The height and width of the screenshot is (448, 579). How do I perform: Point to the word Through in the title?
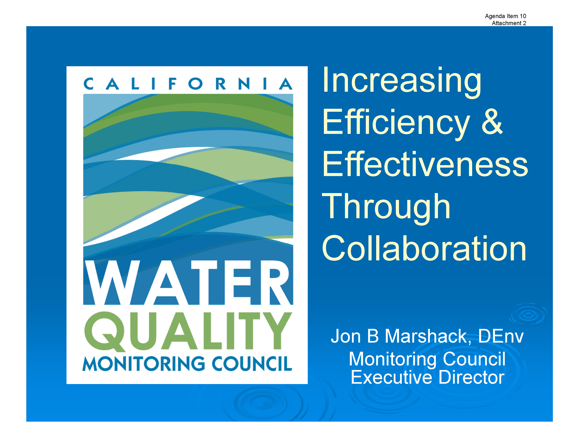pos(386,208)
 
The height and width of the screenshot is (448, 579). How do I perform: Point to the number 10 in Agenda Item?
pos(523,16)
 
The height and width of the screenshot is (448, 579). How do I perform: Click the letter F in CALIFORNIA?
pos(172,84)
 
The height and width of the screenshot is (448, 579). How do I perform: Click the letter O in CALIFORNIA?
pos(195,84)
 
